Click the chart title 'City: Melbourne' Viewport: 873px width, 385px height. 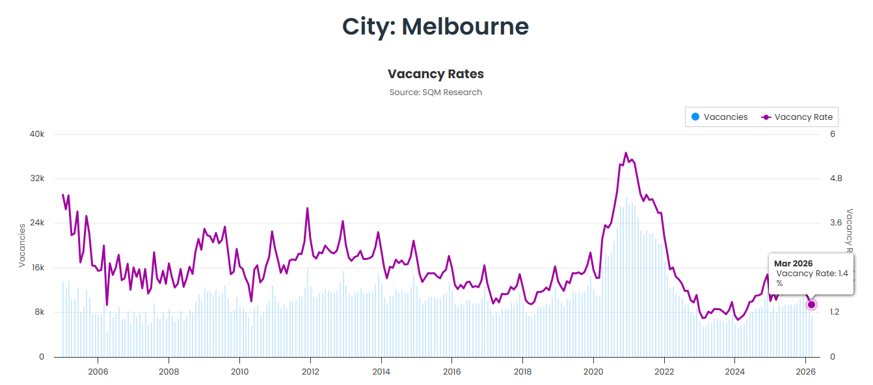click(x=435, y=27)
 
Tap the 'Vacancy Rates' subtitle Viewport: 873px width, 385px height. click(x=435, y=74)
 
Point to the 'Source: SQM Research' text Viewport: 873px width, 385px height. click(x=435, y=93)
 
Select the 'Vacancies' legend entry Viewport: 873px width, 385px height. click(x=719, y=117)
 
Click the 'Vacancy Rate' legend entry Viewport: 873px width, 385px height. click(x=798, y=117)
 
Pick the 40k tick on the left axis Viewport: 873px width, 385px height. click(x=37, y=134)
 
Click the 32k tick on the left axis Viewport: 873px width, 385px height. click(x=37, y=178)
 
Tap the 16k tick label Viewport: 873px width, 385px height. click(x=37, y=268)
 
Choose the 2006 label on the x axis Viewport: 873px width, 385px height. click(x=98, y=371)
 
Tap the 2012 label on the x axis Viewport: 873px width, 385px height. click(x=310, y=371)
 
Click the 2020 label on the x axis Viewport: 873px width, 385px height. click(x=593, y=371)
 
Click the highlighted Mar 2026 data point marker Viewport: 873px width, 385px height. click(x=811, y=305)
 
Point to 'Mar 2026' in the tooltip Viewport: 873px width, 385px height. click(x=793, y=263)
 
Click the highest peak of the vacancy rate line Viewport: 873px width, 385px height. click(x=626, y=153)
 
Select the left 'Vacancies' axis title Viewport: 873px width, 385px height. click(x=22, y=246)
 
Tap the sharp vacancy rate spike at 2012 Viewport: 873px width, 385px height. click(x=307, y=208)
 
